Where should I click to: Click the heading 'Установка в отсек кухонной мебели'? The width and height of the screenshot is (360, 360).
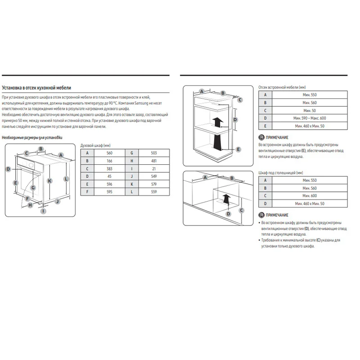(36, 88)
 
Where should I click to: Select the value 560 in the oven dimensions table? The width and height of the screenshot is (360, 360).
(109, 153)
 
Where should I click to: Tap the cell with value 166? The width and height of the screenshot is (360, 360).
(109, 161)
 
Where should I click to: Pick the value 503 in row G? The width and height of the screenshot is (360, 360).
(154, 153)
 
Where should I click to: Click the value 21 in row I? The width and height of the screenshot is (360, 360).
(154, 169)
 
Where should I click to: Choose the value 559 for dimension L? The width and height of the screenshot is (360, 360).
(154, 192)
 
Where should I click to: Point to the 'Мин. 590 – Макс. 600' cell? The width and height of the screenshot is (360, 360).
(310, 118)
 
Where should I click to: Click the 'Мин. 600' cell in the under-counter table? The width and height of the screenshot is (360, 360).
(310, 196)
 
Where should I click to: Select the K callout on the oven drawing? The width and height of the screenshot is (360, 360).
(49, 181)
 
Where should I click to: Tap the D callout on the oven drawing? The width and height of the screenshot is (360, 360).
(8, 169)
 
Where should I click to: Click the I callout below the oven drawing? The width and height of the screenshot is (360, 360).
(43, 211)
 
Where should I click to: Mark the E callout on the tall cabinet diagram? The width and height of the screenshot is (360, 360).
(238, 149)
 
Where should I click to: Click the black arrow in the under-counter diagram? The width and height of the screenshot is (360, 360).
(226, 199)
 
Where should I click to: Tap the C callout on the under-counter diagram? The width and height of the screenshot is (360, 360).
(241, 210)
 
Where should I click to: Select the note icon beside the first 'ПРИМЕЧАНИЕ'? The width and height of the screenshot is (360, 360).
(261, 137)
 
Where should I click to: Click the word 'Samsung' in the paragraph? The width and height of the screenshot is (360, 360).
(141, 103)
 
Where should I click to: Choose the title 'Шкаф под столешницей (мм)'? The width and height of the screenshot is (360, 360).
(280, 173)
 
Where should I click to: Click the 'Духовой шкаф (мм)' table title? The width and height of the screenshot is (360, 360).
(95, 145)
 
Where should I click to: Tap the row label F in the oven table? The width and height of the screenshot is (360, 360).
(87, 192)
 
